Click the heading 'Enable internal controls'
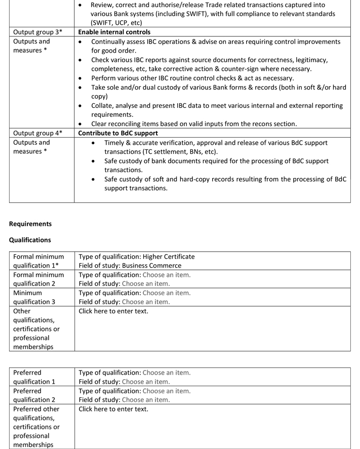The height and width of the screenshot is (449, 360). pyautogui.click(x=114, y=32)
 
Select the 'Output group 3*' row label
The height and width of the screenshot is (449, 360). pyautogui.click(x=37, y=32)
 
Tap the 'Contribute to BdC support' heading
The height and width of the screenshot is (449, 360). pyautogui.click(x=118, y=133)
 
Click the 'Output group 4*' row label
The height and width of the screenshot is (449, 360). pyautogui.click(x=37, y=133)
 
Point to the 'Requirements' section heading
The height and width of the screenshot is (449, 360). pyautogui.click(x=30, y=224)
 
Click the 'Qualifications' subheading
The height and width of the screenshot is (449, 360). pyautogui.click(x=30, y=240)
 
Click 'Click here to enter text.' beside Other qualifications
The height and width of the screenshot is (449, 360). pyautogui.click(x=113, y=311)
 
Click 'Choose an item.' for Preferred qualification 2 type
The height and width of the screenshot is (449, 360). pyautogui.click(x=167, y=391)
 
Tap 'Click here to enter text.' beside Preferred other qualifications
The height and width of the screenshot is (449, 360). pyautogui.click(x=113, y=409)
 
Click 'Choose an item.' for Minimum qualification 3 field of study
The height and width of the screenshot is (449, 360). pyautogui.click(x=146, y=302)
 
